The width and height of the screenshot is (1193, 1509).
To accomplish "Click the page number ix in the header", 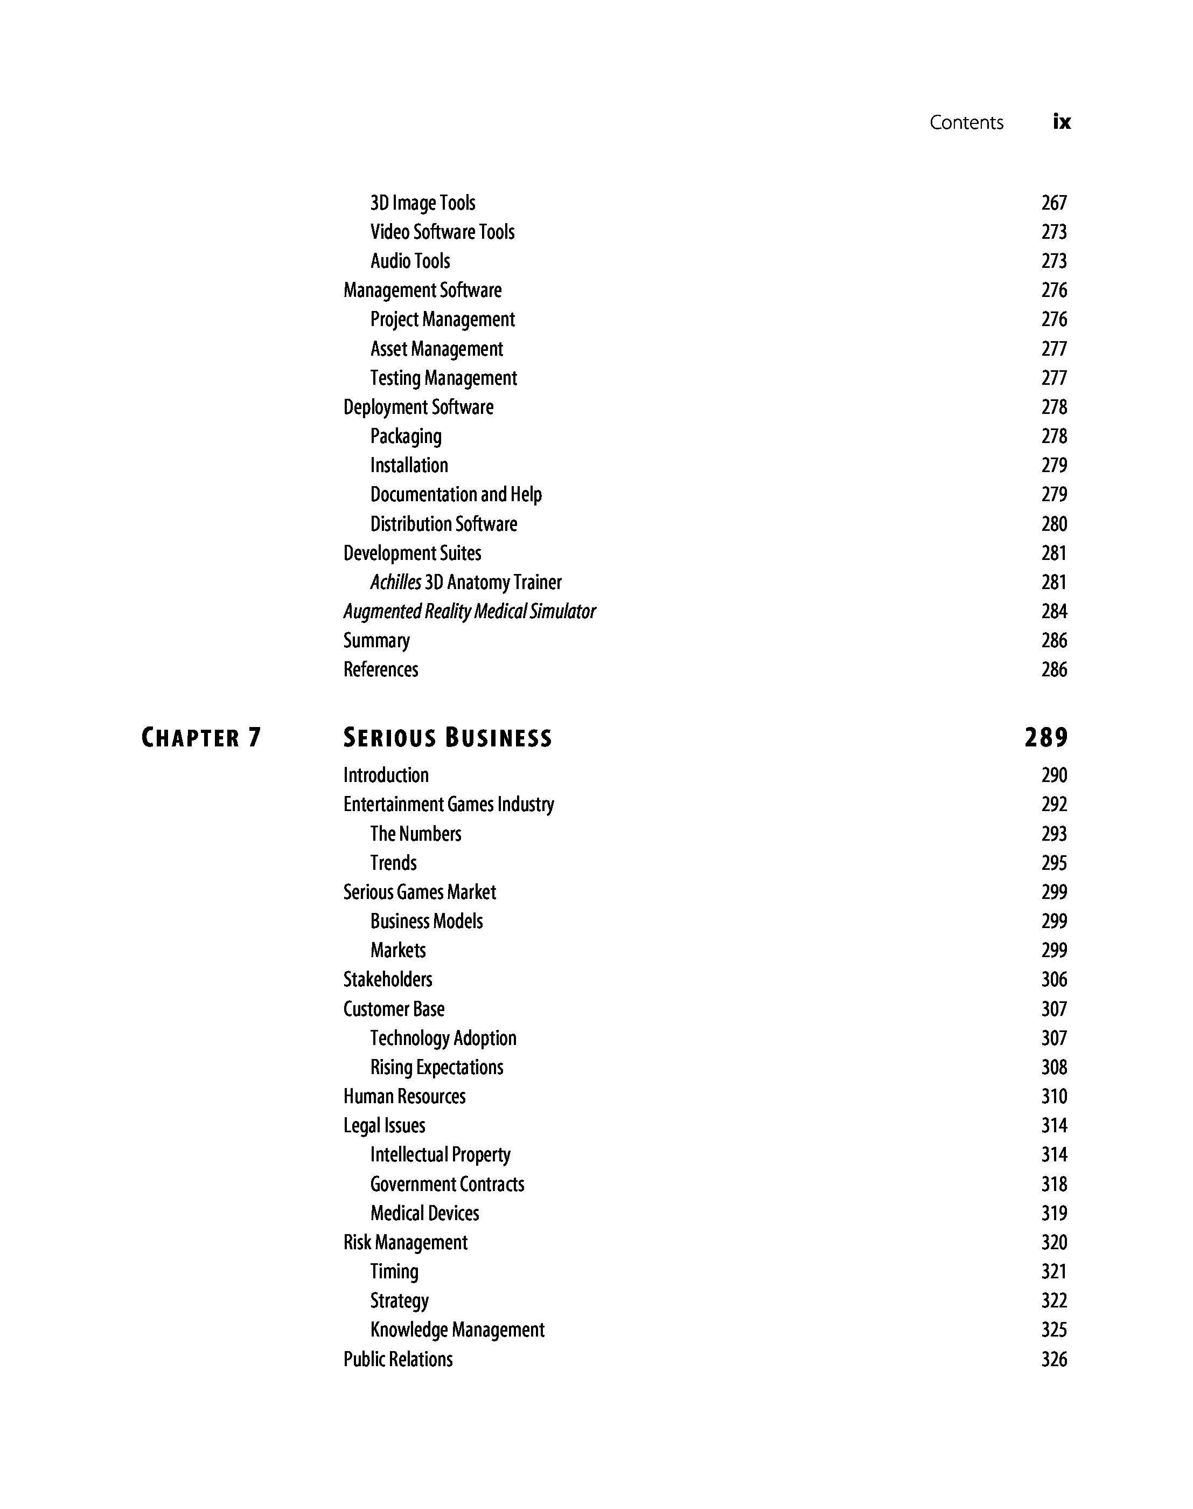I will (1061, 122).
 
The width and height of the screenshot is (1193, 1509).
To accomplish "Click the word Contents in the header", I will (966, 122).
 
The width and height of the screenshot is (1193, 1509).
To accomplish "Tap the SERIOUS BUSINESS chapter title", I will (447, 738).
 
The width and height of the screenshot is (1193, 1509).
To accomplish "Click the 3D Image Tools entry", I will (423, 203).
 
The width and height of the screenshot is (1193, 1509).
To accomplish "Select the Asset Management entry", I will (437, 349).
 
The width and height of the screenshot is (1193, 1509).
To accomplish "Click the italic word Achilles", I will (395, 582).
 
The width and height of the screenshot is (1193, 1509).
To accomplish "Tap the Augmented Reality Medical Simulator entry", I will (469, 612).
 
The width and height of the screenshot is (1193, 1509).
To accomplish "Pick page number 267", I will (1054, 203).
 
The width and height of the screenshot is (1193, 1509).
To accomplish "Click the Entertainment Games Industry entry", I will (449, 805).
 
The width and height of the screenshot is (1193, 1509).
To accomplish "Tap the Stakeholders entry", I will (388, 979).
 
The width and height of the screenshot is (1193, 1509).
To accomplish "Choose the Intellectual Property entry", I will (440, 1154).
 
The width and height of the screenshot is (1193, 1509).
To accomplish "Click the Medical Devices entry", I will (424, 1213).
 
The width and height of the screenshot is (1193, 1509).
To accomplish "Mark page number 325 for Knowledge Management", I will (1054, 1330).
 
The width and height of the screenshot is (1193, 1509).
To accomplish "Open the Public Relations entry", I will (398, 1359).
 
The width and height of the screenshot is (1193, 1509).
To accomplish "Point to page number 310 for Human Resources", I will (1054, 1096).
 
